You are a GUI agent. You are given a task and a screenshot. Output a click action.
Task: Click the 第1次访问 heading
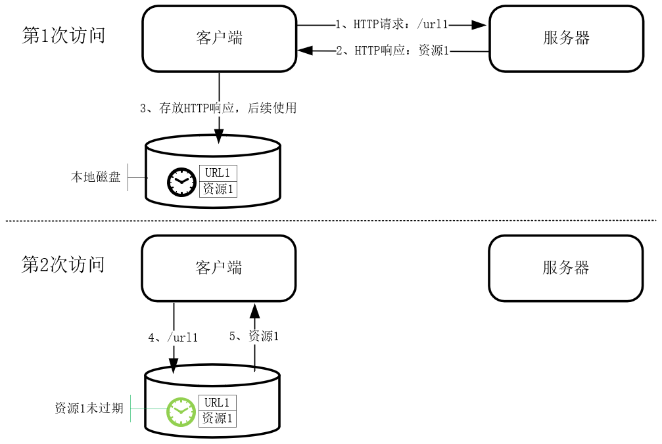point(64,35)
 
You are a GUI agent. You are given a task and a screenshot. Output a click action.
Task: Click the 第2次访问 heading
point(63,265)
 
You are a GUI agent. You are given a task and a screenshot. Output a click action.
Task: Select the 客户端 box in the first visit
point(219,38)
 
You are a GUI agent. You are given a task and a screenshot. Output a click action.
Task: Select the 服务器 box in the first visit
point(565,38)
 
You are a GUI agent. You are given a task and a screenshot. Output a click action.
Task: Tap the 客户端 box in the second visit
point(219,267)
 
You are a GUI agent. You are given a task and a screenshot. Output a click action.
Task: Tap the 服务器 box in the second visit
point(565,267)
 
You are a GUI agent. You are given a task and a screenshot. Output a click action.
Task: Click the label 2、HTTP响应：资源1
point(392,51)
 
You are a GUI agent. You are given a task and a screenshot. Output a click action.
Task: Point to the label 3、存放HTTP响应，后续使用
point(218,108)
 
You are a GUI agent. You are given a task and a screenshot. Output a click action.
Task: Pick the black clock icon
point(181,182)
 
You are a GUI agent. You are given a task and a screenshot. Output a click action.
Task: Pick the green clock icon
point(181,412)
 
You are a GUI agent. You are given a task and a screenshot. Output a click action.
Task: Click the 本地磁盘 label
point(96,177)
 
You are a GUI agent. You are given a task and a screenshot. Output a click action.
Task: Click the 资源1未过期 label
point(89,408)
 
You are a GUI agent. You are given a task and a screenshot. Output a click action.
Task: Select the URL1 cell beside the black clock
point(218,173)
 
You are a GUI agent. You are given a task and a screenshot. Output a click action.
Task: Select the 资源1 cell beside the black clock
point(218,189)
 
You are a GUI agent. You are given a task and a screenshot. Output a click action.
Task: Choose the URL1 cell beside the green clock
point(217,403)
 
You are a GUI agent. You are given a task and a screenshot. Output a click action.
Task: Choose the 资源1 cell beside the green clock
point(217,418)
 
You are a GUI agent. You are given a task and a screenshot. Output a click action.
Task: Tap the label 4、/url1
point(173,338)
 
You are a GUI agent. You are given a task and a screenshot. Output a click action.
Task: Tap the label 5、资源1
point(254,336)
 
